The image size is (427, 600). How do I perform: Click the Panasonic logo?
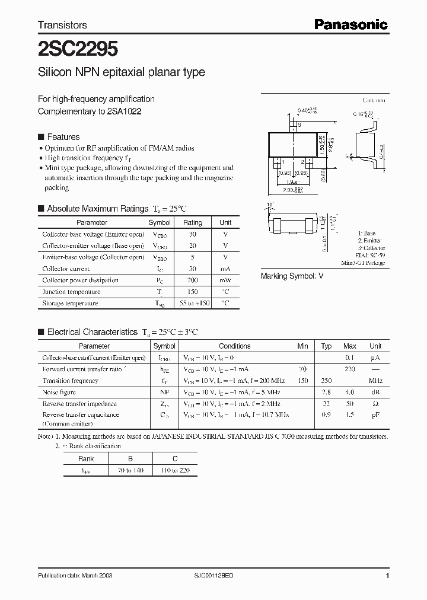tap(350, 24)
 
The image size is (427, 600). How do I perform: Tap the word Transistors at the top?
tap(62, 25)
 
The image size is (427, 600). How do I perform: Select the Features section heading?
tap(63, 136)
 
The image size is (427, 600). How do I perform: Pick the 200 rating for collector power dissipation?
tap(192, 280)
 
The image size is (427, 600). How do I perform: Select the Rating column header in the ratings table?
tap(192, 222)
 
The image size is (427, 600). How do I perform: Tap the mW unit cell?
tap(225, 280)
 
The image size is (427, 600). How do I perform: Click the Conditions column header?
tap(234, 346)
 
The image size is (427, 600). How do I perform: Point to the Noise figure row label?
tap(59, 392)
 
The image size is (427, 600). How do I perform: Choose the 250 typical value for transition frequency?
tap(326, 381)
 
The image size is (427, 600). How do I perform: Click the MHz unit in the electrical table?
tap(375, 381)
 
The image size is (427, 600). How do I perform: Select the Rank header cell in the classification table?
tap(86, 458)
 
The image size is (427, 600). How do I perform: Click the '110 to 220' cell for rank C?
tap(175, 470)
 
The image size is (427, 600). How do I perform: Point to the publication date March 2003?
tap(75, 576)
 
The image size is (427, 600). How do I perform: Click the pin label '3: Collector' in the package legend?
tap(371, 248)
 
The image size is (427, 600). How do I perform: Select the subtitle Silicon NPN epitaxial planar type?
tap(121, 72)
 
